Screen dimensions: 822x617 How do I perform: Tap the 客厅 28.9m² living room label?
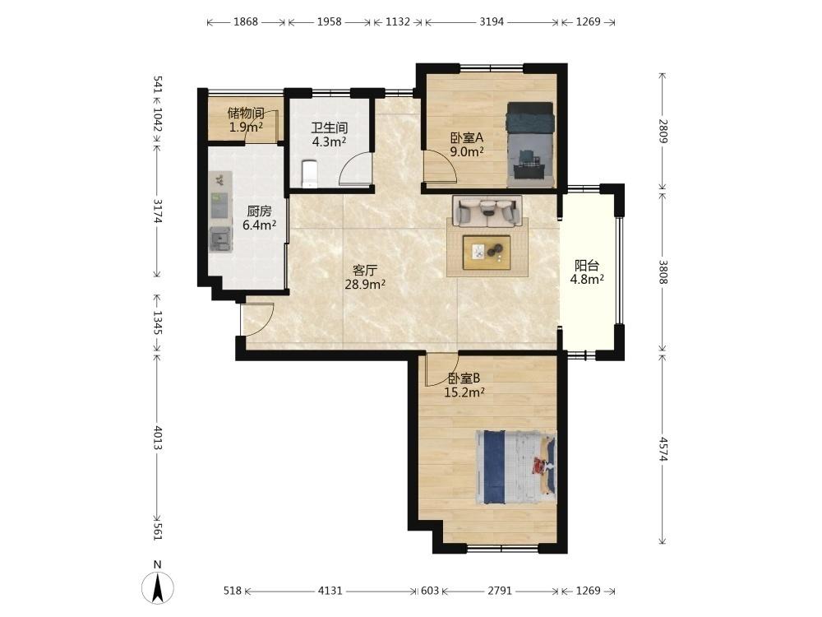365,277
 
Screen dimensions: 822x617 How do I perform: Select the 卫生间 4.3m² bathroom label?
330,134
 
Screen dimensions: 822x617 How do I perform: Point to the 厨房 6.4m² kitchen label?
259,218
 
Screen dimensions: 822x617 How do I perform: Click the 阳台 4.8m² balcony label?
587,272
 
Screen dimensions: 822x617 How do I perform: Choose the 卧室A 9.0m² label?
467,145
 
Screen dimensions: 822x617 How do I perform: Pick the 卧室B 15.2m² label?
464,385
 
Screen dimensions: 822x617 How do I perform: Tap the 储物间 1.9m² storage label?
245,119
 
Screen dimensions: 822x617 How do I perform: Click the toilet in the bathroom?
309,174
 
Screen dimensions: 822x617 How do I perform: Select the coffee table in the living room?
487,253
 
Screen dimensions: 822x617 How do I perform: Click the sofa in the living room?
487,211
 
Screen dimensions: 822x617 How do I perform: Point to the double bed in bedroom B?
516,467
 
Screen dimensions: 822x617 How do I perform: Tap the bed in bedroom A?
530,144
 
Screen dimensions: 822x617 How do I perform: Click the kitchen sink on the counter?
220,239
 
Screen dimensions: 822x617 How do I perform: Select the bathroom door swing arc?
354,167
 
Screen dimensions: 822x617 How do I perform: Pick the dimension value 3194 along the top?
492,21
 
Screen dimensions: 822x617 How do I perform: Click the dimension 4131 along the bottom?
330,591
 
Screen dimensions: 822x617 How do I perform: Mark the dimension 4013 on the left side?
157,438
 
